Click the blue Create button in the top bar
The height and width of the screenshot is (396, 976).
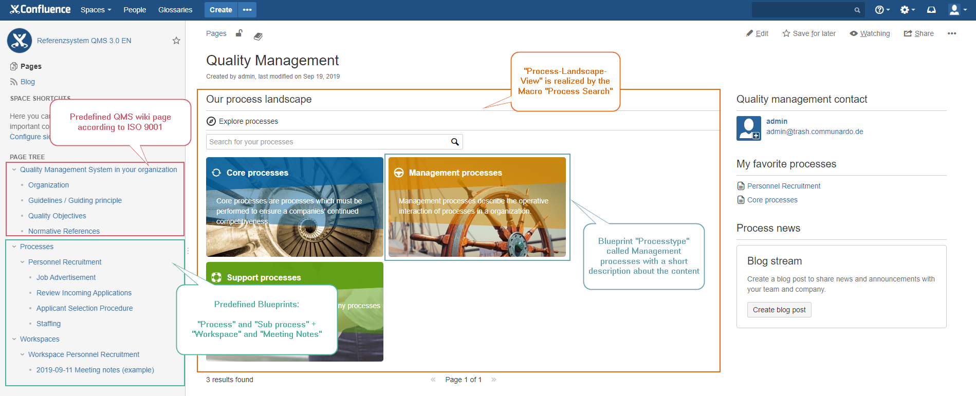(x=220, y=10)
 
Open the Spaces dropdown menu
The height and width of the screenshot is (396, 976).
(x=96, y=10)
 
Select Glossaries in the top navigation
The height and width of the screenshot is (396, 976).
(x=175, y=10)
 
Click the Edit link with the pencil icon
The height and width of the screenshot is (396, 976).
(x=758, y=33)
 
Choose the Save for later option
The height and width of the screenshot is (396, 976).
(x=809, y=33)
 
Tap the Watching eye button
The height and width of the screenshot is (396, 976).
(x=870, y=33)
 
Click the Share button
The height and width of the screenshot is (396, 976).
(x=919, y=33)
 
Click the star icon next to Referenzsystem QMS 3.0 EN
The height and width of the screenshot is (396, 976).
(x=176, y=41)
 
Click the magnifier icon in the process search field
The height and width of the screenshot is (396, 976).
(x=455, y=142)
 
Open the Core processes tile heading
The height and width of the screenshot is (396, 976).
(x=257, y=173)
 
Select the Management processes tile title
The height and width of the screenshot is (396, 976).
(x=455, y=173)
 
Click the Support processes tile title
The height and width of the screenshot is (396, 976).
(x=264, y=278)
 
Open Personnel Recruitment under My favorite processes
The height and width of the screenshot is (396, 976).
(x=783, y=186)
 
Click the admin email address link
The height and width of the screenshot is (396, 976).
(x=814, y=131)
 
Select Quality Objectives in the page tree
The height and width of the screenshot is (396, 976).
(x=57, y=216)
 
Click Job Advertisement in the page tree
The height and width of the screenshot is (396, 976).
(x=66, y=277)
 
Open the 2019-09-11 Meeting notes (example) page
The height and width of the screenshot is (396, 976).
(x=95, y=370)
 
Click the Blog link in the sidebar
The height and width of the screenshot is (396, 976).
(x=27, y=82)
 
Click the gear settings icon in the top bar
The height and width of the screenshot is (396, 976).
(x=905, y=10)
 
